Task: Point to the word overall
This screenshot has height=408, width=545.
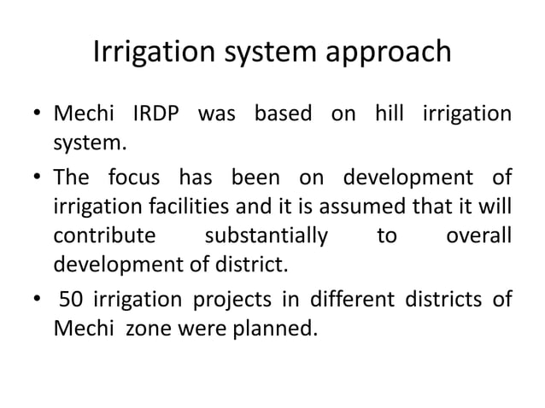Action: coord(479,235)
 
